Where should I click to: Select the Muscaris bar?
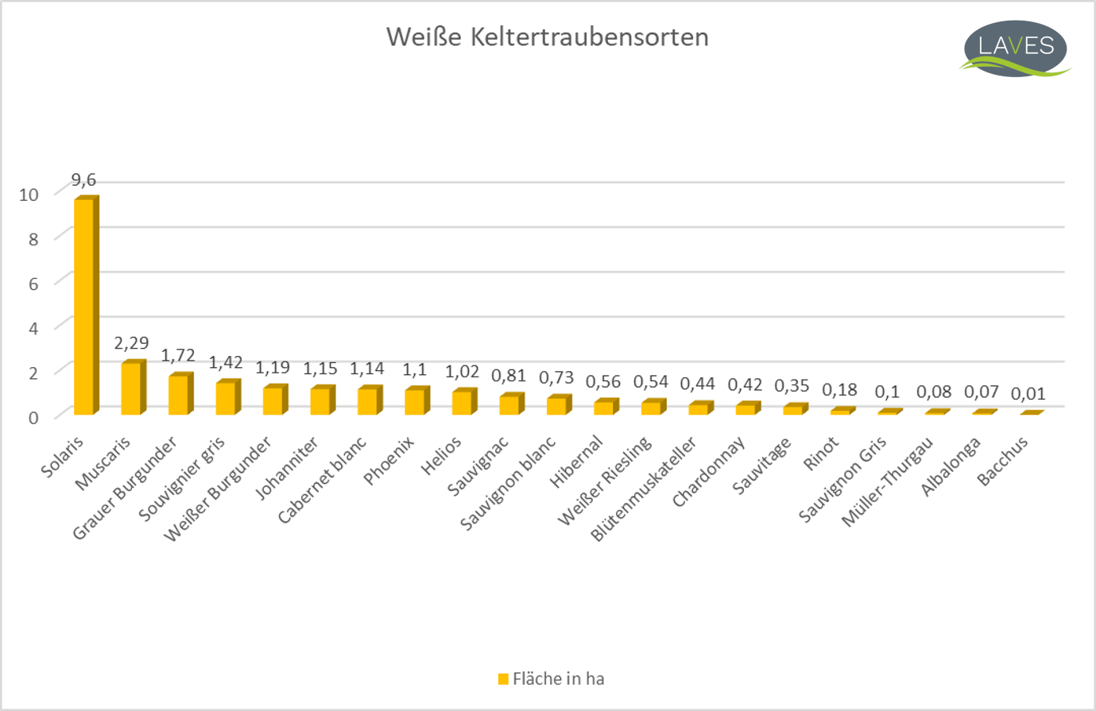131,389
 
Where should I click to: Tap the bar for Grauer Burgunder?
178,395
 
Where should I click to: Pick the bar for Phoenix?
414,402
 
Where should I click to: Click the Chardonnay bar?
745,409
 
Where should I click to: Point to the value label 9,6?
83,180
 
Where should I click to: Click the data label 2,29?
131,343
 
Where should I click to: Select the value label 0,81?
509,375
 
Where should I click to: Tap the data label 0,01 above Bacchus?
1028,394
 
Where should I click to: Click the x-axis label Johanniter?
288,469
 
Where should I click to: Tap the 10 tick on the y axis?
29,195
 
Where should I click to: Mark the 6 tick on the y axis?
33,284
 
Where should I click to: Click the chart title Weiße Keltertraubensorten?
547,37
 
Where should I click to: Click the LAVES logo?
1015,48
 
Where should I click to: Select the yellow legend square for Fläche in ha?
503,679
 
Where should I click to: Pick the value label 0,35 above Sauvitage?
792,386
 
